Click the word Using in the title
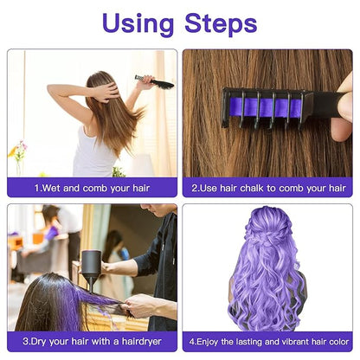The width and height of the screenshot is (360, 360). (x=132, y=22)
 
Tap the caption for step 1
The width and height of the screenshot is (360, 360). (x=92, y=187)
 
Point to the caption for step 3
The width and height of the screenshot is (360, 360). (x=92, y=342)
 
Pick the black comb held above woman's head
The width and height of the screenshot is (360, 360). (x=153, y=82)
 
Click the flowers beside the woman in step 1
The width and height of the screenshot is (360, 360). (x=18, y=152)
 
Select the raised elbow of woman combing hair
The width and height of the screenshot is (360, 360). (x=51, y=91)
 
